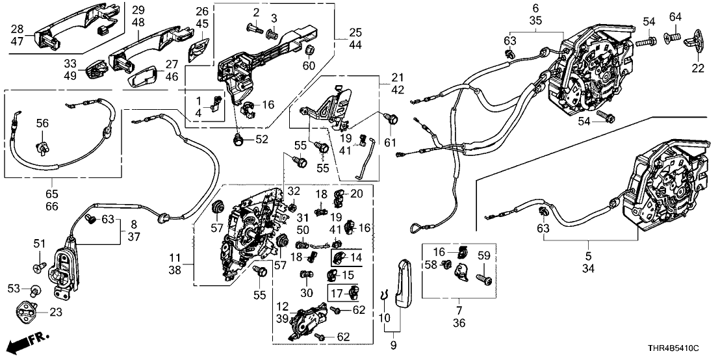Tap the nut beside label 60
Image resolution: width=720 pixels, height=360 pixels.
(x=309, y=51)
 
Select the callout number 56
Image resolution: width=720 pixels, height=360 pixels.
(x=42, y=123)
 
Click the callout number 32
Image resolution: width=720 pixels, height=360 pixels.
(x=294, y=191)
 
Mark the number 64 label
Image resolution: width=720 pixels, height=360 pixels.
(x=675, y=16)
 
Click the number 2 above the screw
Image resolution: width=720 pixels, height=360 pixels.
(x=256, y=13)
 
